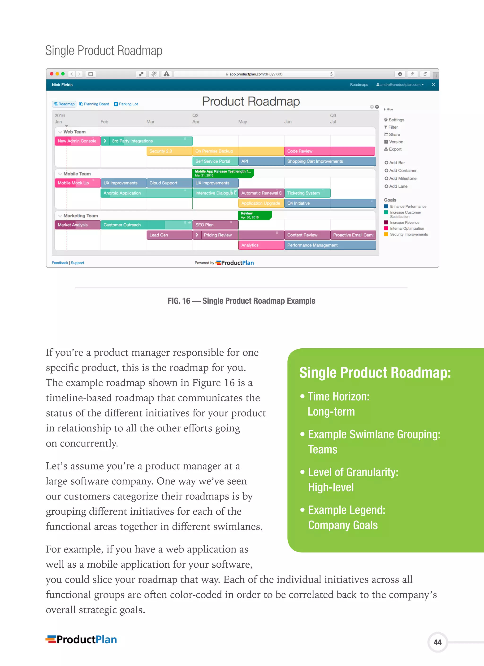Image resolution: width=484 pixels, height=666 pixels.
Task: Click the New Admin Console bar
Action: click(x=78, y=141)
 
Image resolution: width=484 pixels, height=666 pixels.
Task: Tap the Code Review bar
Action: click(x=329, y=151)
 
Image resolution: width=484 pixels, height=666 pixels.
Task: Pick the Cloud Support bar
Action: click(x=169, y=183)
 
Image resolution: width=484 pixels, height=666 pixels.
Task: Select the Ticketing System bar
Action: click(x=307, y=193)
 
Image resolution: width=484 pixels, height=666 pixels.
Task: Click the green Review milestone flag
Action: click(x=254, y=215)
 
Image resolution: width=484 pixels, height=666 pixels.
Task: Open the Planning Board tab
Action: click(x=94, y=104)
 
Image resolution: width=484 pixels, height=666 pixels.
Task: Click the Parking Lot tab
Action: click(x=126, y=104)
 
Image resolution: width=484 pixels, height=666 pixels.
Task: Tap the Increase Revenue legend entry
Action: click(x=404, y=223)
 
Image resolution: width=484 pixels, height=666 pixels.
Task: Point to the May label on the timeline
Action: click(x=242, y=122)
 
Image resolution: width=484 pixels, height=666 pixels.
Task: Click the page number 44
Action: click(x=437, y=642)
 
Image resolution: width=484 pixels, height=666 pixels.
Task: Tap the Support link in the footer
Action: click(x=77, y=263)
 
